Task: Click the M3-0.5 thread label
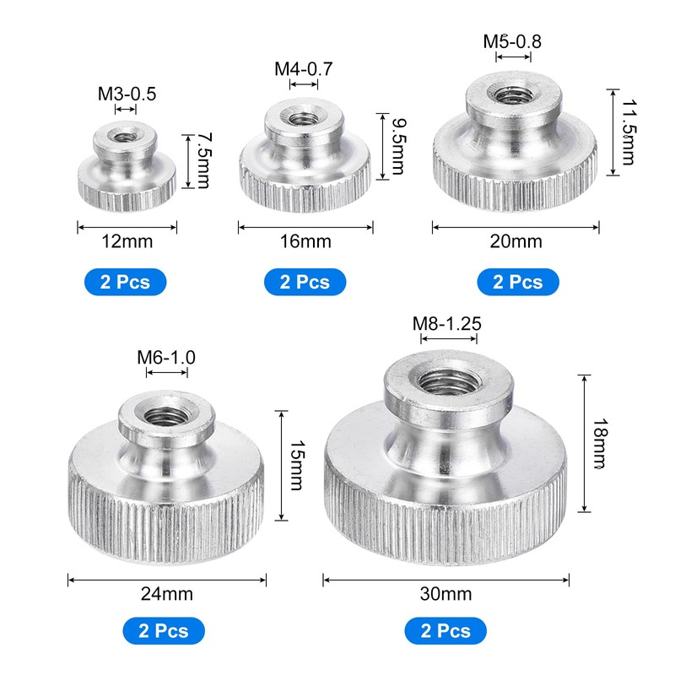click(127, 94)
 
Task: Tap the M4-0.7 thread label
click(304, 69)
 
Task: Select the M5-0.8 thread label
click(512, 41)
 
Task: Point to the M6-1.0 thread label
click(166, 357)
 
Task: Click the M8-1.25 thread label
click(447, 324)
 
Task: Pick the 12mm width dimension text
click(127, 241)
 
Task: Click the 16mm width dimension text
click(305, 241)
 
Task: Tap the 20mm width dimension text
click(516, 241)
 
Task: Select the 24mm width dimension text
click(166, 594)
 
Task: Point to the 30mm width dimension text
click(446, 594)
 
